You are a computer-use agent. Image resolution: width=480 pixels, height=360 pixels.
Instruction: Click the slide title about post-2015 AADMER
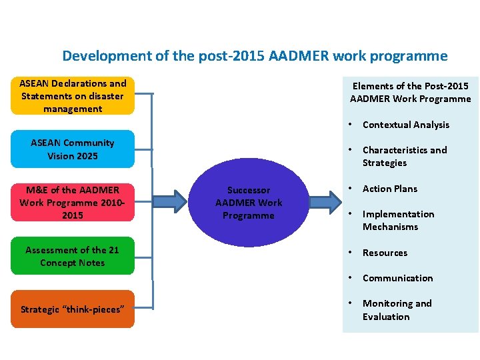[255, 56]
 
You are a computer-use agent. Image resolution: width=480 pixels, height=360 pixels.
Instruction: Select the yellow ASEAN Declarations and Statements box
[73, 96]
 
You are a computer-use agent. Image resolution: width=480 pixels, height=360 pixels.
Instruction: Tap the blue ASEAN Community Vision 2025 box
[73, 149]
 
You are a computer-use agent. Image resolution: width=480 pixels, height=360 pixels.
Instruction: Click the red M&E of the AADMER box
[73, 202]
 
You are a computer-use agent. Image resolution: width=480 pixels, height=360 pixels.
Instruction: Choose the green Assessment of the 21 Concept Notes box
[73, 256]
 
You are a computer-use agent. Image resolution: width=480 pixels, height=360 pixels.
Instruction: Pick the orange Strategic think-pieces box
[73, 309]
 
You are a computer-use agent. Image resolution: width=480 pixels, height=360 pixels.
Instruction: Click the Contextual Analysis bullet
[405, 125]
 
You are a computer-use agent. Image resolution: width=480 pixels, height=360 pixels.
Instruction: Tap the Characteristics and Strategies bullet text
[404, 157]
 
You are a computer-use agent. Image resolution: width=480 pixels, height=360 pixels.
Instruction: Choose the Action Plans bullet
[389, 189]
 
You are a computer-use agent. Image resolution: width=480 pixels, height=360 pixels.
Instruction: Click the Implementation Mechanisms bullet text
[398, 221]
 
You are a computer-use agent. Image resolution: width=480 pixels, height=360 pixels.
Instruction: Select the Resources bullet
[385, 253]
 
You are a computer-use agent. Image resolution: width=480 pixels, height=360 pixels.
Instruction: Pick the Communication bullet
[397, 278]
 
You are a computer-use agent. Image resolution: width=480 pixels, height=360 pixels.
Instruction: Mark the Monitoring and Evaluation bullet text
[397, 310]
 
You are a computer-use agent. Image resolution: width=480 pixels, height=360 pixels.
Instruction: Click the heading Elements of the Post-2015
[411, 86]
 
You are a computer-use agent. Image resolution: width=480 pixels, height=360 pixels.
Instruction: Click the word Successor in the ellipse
[249, 190]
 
